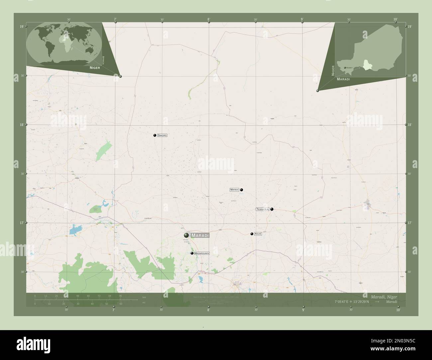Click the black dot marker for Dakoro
coord(155,135)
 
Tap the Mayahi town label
coord(235,190)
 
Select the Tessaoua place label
coord(263,209)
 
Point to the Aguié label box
coord(258,234)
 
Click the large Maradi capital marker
coord(186,235)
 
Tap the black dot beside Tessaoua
coord(272,209)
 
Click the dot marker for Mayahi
coord(242,190)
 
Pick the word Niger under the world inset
coord(95,67)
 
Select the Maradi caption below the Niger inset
coord(344,79)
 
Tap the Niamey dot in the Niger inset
coord(345,67)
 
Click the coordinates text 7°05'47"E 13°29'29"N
coord(354,302)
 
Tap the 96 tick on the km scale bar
coord(120,296)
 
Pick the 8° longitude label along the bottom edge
coord(208,310)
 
